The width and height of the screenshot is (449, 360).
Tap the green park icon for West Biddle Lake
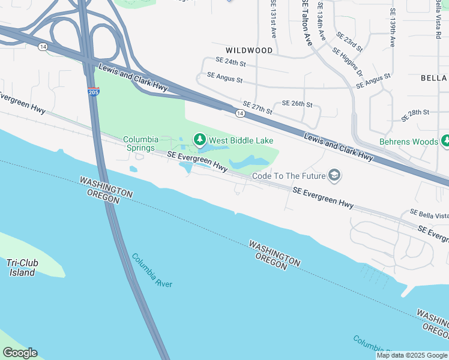pos(199,140)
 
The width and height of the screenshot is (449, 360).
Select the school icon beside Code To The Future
pos(334,175)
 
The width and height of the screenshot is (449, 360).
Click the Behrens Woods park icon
pos(445,142)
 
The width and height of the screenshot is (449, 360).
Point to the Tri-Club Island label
pos(21,268)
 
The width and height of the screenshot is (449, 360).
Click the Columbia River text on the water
pos(152,271)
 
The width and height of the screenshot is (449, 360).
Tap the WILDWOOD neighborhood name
pos(249,50)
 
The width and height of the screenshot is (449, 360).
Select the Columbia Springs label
pos(140,143)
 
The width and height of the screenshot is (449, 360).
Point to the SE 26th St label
pos(298,104)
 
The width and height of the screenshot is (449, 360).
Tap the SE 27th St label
pos(258,107)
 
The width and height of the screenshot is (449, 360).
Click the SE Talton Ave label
pos(307,22)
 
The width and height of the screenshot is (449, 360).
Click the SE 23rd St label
pos(349,42)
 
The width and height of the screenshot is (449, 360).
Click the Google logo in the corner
pos(20,353)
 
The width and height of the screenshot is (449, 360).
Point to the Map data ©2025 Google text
pos(412,355)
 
